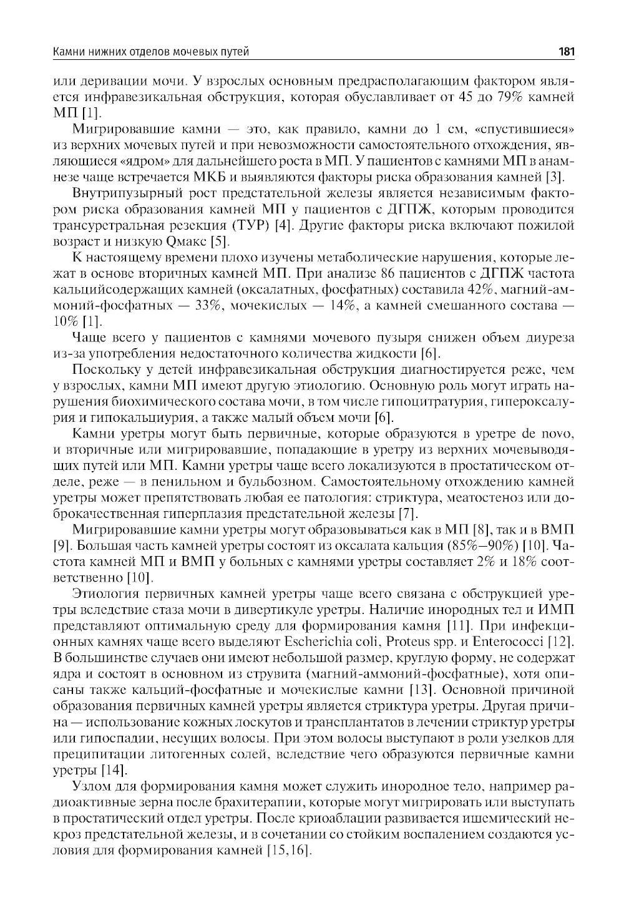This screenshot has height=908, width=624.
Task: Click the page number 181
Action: [566, 52]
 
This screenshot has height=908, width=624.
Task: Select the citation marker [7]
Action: [406, 514]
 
